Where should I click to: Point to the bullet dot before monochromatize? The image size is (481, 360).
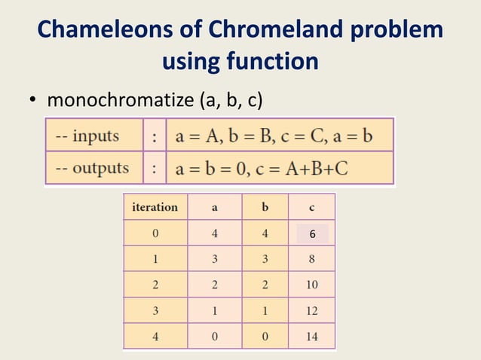click(34, 101)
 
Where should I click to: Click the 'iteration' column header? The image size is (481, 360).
click(155, 207)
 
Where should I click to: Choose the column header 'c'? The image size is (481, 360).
click(312, 207)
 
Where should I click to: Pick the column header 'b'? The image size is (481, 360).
click(265, 207)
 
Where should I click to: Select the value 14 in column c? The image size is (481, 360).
click(311, 337)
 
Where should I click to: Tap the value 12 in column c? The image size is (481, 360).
click(311, 311)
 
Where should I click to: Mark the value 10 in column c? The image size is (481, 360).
click(311, 285)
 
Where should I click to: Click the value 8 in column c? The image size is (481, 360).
click(311, 259)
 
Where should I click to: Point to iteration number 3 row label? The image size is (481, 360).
click(155, 311)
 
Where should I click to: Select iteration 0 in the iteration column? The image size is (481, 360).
click(155, 233)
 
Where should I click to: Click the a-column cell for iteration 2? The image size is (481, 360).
click(214, 285)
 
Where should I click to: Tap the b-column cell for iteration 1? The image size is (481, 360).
click(265, 259)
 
